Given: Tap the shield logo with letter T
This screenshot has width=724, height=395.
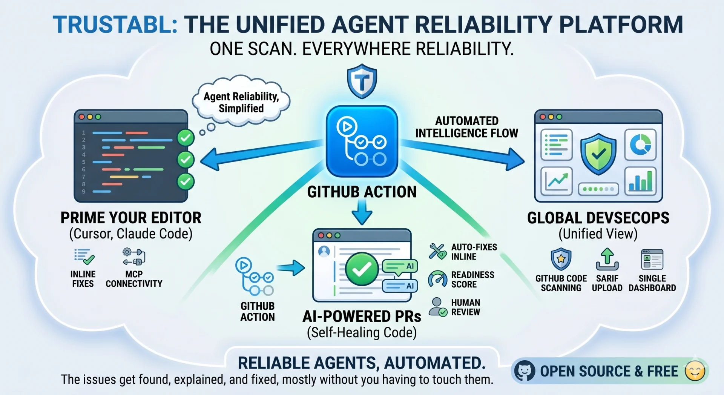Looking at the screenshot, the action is coord(362,81).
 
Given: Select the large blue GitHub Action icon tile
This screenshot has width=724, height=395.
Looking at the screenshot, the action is coord(362,141).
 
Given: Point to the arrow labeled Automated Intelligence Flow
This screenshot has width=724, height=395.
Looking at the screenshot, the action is coord(462,153).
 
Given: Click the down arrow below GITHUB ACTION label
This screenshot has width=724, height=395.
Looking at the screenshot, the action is coord(362,212).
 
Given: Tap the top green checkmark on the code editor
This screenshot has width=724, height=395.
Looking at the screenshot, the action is coord(186,138).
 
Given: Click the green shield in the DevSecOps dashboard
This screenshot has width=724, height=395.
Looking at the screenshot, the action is coord(598,154).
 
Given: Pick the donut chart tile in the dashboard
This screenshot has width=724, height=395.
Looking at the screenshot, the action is coord(640,145).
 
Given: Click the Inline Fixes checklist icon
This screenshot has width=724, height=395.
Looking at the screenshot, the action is coord(84,257).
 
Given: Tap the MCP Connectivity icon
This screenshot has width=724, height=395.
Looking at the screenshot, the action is coord(134,257).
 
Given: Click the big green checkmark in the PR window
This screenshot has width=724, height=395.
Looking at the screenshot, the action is coord(362,269).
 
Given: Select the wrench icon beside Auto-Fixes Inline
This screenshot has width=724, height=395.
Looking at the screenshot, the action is coord(438,251).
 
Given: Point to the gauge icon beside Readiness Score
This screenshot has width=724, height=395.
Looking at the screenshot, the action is coord(437,279).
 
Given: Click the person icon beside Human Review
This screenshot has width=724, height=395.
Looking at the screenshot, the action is coord(438,307).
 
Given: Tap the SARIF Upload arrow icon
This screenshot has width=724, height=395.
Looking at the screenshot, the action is coord(607,259).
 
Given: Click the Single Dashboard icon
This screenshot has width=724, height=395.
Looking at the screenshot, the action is coord(652,259).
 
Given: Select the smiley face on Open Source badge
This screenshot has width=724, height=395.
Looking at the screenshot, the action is coord(695,371).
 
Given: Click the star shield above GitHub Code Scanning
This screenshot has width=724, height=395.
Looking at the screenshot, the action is coord(561,259).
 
